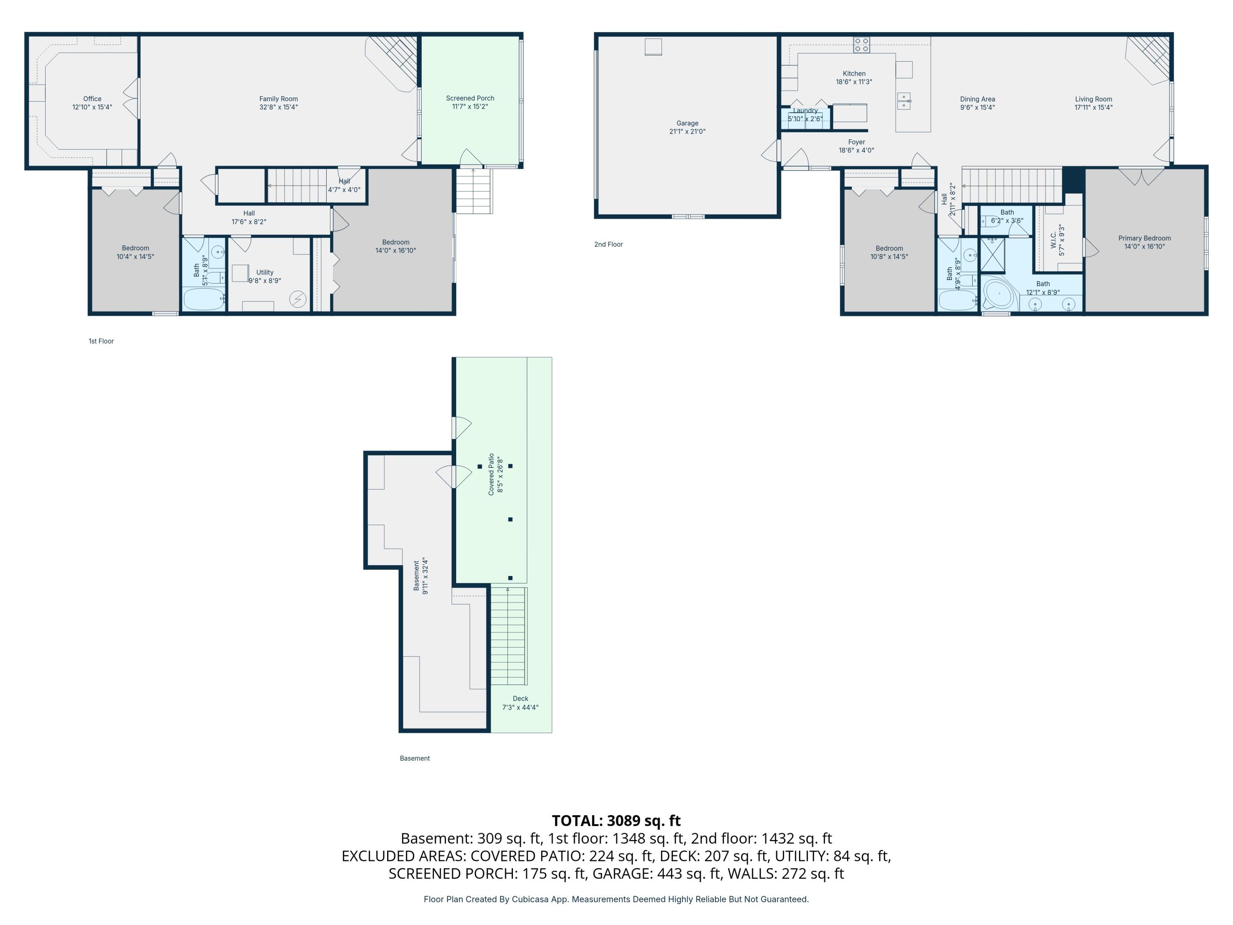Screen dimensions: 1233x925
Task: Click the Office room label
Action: point(92,99)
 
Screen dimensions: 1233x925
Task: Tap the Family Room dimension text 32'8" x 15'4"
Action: point(279,107)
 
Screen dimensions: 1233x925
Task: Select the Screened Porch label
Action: point(470,98)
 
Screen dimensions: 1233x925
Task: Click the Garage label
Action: point(687,123)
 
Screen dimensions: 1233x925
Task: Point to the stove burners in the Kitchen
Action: point(861,44)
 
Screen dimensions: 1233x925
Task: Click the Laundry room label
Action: point(806,111)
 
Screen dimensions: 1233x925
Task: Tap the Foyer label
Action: point(857,142)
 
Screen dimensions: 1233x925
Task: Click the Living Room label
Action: point(1094,99)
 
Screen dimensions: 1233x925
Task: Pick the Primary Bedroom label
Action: point(1144,238)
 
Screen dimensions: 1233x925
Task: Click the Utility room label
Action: point(265,273)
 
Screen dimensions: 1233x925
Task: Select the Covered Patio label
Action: point(491,474)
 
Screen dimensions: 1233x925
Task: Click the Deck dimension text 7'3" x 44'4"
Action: point(520,708)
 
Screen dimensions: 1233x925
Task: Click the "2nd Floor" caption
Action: point(609,244)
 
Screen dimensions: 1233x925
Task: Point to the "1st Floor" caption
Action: point(101,341)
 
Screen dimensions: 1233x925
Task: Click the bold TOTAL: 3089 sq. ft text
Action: point(616,821)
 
